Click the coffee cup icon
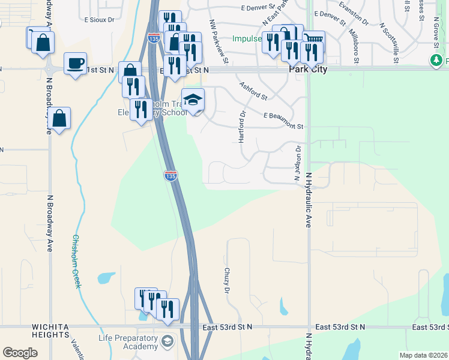click(x=76, y=63)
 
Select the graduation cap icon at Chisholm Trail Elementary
click(x=193, y=100)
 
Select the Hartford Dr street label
click(x=243, y=127)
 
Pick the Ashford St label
click(x=253, y=90)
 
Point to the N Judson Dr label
click(x=297, y=162)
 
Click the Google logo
click(x=20, y=352)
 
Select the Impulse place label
click(x=246, y=39)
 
